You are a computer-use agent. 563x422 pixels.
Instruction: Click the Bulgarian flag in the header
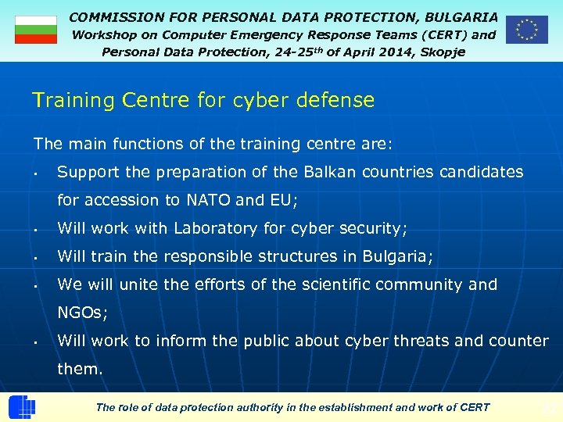(x=36, y=30)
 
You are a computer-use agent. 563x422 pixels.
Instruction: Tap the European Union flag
(x=526, y=30)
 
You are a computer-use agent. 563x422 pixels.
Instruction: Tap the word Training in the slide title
(x=68, y=100)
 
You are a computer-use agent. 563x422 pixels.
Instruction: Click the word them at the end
(x=78, y=369)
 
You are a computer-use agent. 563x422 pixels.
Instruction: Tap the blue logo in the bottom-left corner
(x=21, y=407)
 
